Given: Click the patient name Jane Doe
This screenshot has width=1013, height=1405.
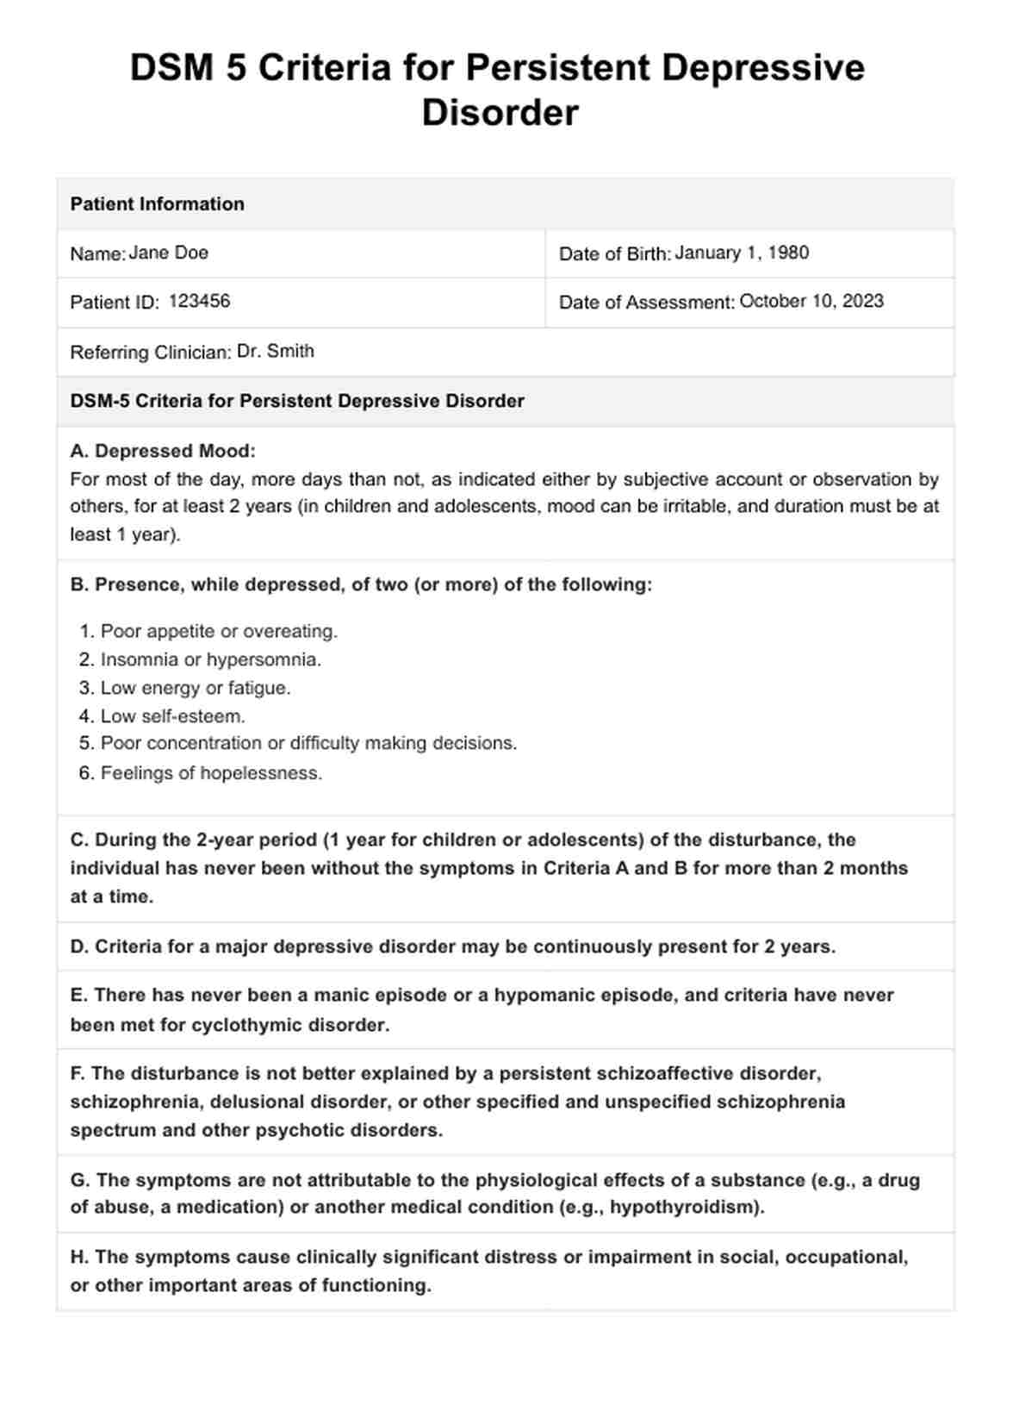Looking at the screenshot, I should pos(168,253).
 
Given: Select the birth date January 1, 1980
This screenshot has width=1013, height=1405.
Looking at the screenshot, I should pos(742,253).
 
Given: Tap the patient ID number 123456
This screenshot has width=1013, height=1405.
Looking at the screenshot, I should pos(199,302).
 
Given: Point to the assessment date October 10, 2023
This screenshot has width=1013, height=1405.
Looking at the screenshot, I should pos(811,302).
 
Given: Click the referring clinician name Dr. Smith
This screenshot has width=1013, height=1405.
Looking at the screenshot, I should pos(276,352).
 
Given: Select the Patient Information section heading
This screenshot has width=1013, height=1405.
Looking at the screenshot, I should pos(158,204).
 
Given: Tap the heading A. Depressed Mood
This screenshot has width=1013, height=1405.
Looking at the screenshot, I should pos(163,451).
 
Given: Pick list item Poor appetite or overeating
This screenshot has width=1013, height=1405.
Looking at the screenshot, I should pos(219,632).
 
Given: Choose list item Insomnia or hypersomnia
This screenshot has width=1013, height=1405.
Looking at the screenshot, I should pos(210,660).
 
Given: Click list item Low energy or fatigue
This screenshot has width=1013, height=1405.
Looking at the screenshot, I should pos(196,689).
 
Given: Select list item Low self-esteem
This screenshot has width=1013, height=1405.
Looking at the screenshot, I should pos(172,716).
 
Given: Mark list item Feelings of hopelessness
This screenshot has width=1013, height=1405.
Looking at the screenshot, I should pos(211,773).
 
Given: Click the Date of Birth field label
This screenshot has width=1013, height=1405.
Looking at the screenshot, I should pos(615,254).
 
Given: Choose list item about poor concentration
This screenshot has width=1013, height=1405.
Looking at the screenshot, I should pos(308,744).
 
